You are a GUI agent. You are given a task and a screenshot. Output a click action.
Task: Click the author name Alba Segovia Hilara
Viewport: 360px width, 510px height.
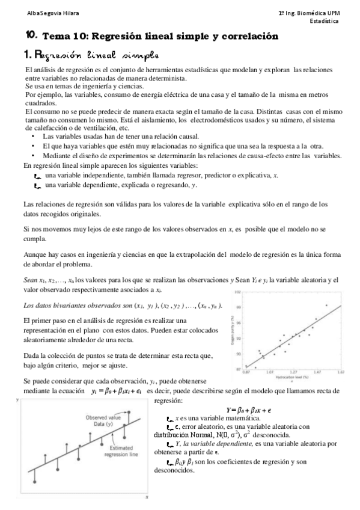(40, 13)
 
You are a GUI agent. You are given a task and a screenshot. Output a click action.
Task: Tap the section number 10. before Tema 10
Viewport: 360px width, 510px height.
(32, 36)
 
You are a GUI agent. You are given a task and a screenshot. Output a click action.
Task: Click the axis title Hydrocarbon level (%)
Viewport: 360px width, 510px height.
(293, 377)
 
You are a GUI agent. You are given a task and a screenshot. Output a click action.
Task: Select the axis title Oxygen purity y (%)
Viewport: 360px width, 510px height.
(232, 331)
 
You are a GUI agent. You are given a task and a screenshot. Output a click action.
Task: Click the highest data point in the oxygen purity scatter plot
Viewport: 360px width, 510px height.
(327, 305)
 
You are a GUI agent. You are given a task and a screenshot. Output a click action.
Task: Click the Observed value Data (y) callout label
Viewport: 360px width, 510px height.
(103, 420)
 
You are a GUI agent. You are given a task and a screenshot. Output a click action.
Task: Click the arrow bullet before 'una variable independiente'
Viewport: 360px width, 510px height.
(37, 175)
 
